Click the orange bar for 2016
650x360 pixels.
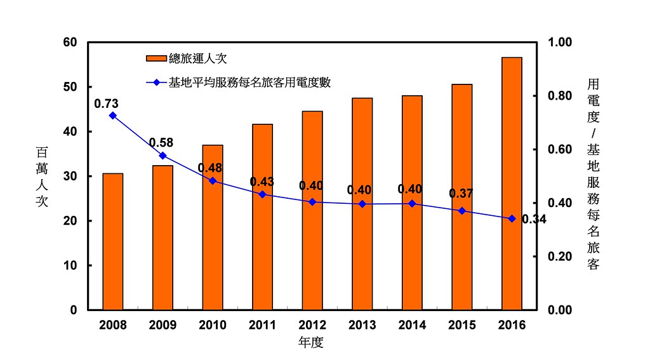coord(512,183)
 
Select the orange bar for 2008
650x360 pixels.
coord(113,241)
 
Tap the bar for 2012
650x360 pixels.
coord(312,210)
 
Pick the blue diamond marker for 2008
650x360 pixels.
coord(113,116)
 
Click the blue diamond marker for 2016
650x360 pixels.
coord(512,218)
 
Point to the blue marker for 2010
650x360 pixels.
coord(213,181)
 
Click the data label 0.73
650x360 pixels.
coord(106,103)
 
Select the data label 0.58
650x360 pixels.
coord(161,143)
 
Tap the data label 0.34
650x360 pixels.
coord(534,219)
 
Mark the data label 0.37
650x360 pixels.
coord(461,193)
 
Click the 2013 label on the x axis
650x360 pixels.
coord(362,324)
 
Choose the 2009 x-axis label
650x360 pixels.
coord(162,324)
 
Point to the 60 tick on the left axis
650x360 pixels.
coord(70,43)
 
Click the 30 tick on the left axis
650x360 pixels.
coord(70,177)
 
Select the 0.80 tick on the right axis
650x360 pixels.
coord(560,96)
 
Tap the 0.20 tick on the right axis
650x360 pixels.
coord(560,257)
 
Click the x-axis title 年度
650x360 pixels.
coord(311,342)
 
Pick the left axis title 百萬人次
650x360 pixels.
coord(42,177)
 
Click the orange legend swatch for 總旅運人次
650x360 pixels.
coord(156,58)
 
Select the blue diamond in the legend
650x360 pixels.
coord(157,83)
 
